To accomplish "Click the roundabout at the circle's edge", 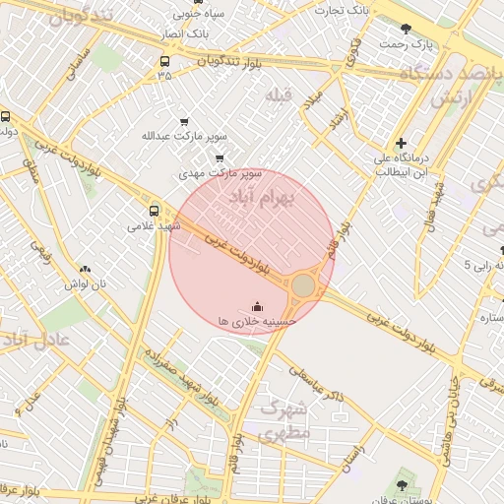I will [x=303, y=285].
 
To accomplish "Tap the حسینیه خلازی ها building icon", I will [x=258, y=307].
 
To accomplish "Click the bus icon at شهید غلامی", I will [x=154, y=210].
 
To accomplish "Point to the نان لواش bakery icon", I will [x=84, y=269].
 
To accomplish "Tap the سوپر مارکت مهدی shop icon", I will [x=219, y=157].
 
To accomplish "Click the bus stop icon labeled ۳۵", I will [x=163, y=60].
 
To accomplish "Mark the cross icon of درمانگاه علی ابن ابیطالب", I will [x=400, y=143].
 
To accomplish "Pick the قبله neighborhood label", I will [x=280, y=94].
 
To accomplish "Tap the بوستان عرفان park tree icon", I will [x=401, y=485].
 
